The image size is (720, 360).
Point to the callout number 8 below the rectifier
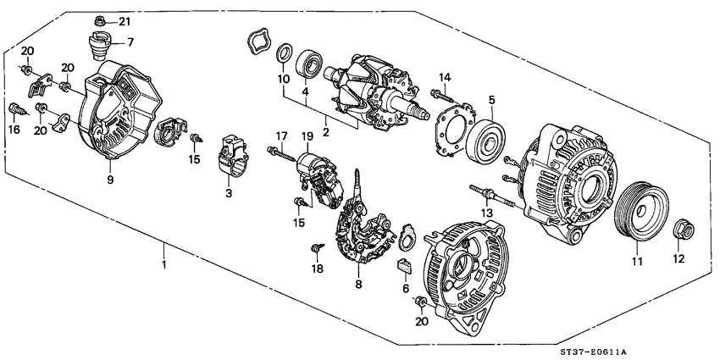point(359,285)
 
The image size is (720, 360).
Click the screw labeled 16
point(16,108)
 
